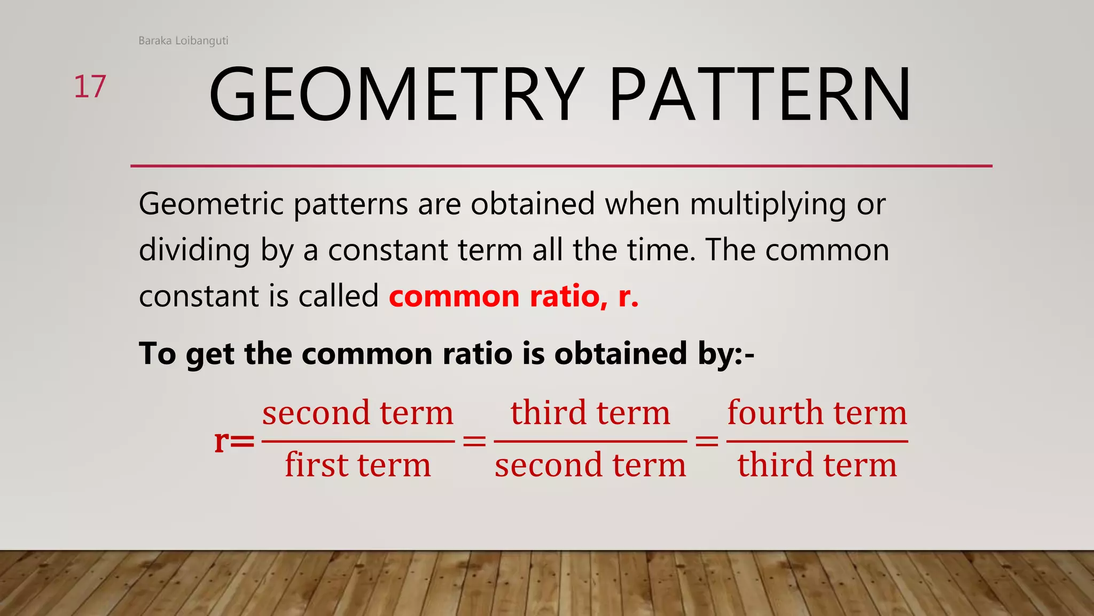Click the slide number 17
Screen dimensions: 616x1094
click(x=90, y=87)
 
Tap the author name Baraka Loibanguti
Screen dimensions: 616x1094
click(x=183, y=41)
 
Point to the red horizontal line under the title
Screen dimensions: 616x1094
click(x=561, y=166)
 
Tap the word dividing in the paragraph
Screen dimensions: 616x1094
click(x=194, y=251)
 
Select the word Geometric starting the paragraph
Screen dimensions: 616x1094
click(x=212, y=205)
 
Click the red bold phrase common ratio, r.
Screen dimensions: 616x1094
click(x=513, y=297)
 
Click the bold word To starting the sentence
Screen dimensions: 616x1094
click(x=157, y=353)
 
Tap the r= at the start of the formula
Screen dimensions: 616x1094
click(x=234, y=441)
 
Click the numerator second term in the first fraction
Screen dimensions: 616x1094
click(x=358, y=413)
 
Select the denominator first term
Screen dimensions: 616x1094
click(x=358, y=465)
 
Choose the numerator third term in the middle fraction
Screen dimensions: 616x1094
click(x=590, y=413)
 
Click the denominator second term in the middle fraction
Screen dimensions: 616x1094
click(x=590, y=465)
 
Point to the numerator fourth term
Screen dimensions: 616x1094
click(x=817, y=413)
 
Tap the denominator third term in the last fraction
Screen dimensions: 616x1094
click(x=817, y=465)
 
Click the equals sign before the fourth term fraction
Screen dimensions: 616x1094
click(x=707, y=442)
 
